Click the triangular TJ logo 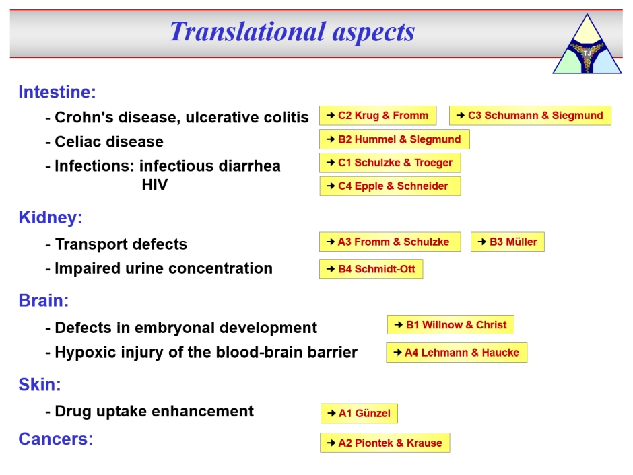tap(587, 44)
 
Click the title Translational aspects tap(292, 32)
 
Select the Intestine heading tap(57, 92)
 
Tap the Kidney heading tap(51, 218)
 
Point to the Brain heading tap(44, 301)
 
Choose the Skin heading tap(40, 385)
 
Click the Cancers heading tap(56, 439)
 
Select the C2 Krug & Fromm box tap(378, 116)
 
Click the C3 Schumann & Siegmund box tap(530, 116)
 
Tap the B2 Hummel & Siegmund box tap(395, 139)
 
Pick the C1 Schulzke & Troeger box tap(390, 163)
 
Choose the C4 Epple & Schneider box tap(390, 186)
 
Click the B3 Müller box tap(508, 242)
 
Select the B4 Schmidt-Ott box tap(371, 269)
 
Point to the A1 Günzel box tap(359, 413)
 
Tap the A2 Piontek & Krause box tap(385, 443)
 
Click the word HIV tap(155, 185)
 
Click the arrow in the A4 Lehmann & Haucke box tap(397, 353)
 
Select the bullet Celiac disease tap(104, 141)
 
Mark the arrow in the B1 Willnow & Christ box tap(399, 324)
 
